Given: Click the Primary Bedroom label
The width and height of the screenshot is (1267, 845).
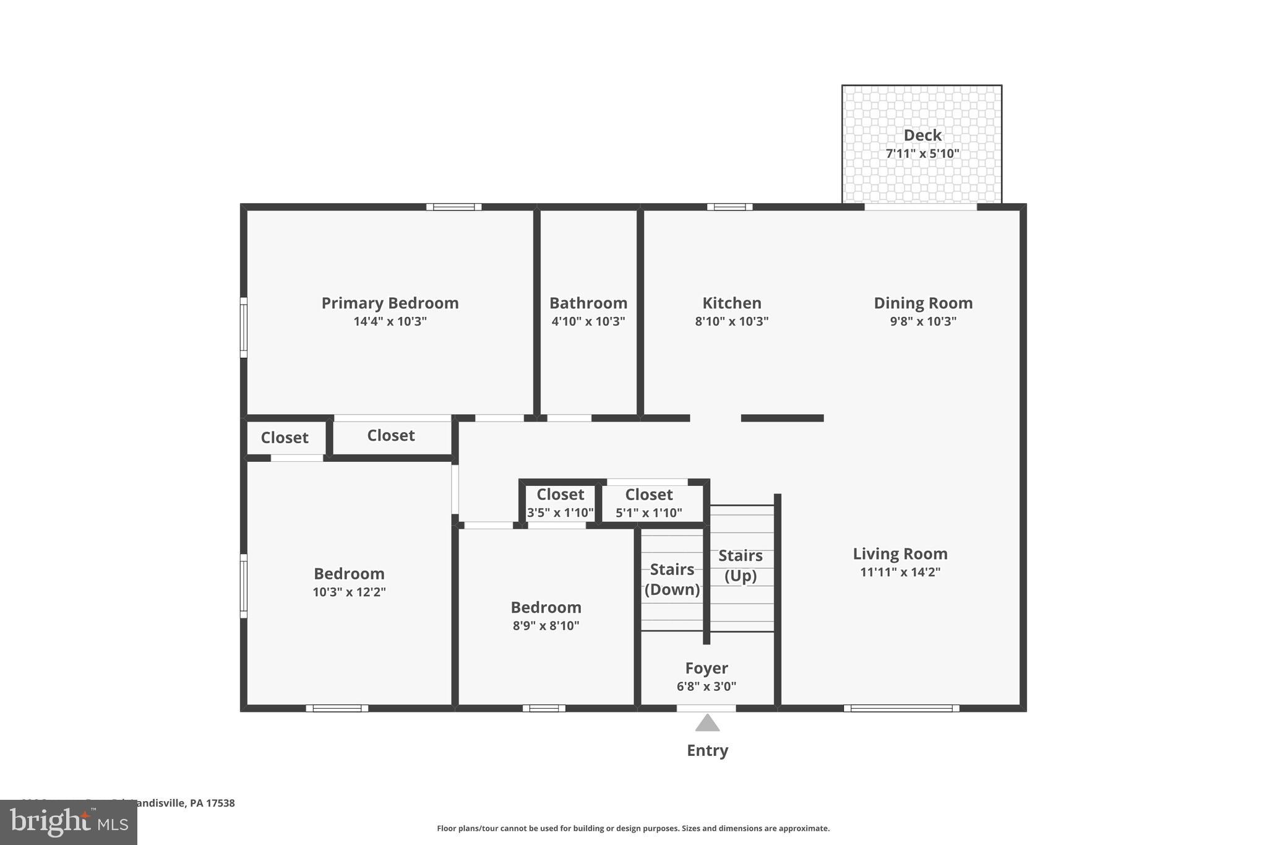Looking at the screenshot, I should point(390,303).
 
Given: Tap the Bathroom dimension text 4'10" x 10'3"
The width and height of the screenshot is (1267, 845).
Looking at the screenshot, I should point(588,321).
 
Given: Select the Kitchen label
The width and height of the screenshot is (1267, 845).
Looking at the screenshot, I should point(731,303).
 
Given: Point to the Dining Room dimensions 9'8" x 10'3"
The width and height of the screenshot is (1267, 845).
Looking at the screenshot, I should point(922,321).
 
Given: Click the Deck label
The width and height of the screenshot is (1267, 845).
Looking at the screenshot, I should point(922,135).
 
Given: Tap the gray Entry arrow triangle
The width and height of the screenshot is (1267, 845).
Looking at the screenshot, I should point(707,724).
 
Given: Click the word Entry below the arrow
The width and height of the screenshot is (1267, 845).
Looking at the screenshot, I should point(707,750).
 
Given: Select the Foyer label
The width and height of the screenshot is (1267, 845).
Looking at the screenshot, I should point(706,668).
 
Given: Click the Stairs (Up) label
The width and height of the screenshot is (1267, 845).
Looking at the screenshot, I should point(740,565).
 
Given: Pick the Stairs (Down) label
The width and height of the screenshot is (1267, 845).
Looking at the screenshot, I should point(672,579).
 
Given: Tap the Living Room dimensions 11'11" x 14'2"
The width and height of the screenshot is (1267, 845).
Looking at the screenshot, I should point(900,572).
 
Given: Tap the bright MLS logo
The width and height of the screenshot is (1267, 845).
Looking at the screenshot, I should point(69,822).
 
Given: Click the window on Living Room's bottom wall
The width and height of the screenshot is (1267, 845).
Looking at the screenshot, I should point(901,708).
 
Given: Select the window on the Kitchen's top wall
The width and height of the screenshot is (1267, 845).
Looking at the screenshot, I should point(729,207).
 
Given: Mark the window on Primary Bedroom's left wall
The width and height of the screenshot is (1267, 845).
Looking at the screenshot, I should point(244,327).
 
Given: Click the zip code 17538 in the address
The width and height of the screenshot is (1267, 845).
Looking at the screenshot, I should point(220,803).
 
